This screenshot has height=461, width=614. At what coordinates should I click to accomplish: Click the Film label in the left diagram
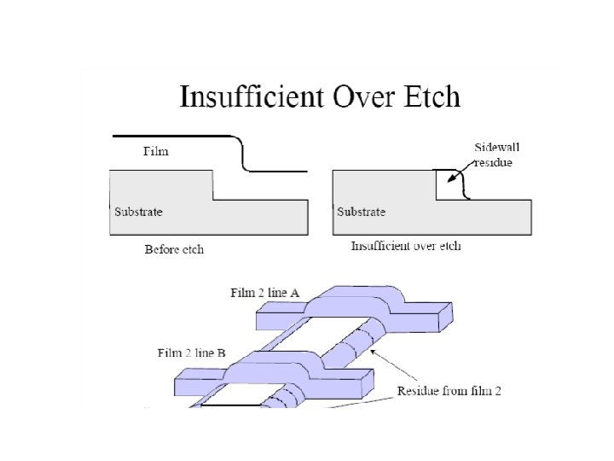click(155, 151)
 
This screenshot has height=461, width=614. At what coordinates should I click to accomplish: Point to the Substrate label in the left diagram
click(138, 211)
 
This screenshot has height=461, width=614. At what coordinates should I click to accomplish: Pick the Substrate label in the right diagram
click(361, 211)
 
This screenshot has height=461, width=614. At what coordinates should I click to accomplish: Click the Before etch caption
click(174, 249)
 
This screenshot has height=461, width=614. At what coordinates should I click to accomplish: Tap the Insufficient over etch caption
click(406, 246)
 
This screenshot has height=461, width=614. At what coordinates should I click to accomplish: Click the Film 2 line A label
click(264, 293)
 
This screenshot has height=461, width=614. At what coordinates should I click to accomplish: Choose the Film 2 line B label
click(192, 352)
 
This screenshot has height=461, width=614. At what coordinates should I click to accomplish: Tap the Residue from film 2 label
click(449, 391)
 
